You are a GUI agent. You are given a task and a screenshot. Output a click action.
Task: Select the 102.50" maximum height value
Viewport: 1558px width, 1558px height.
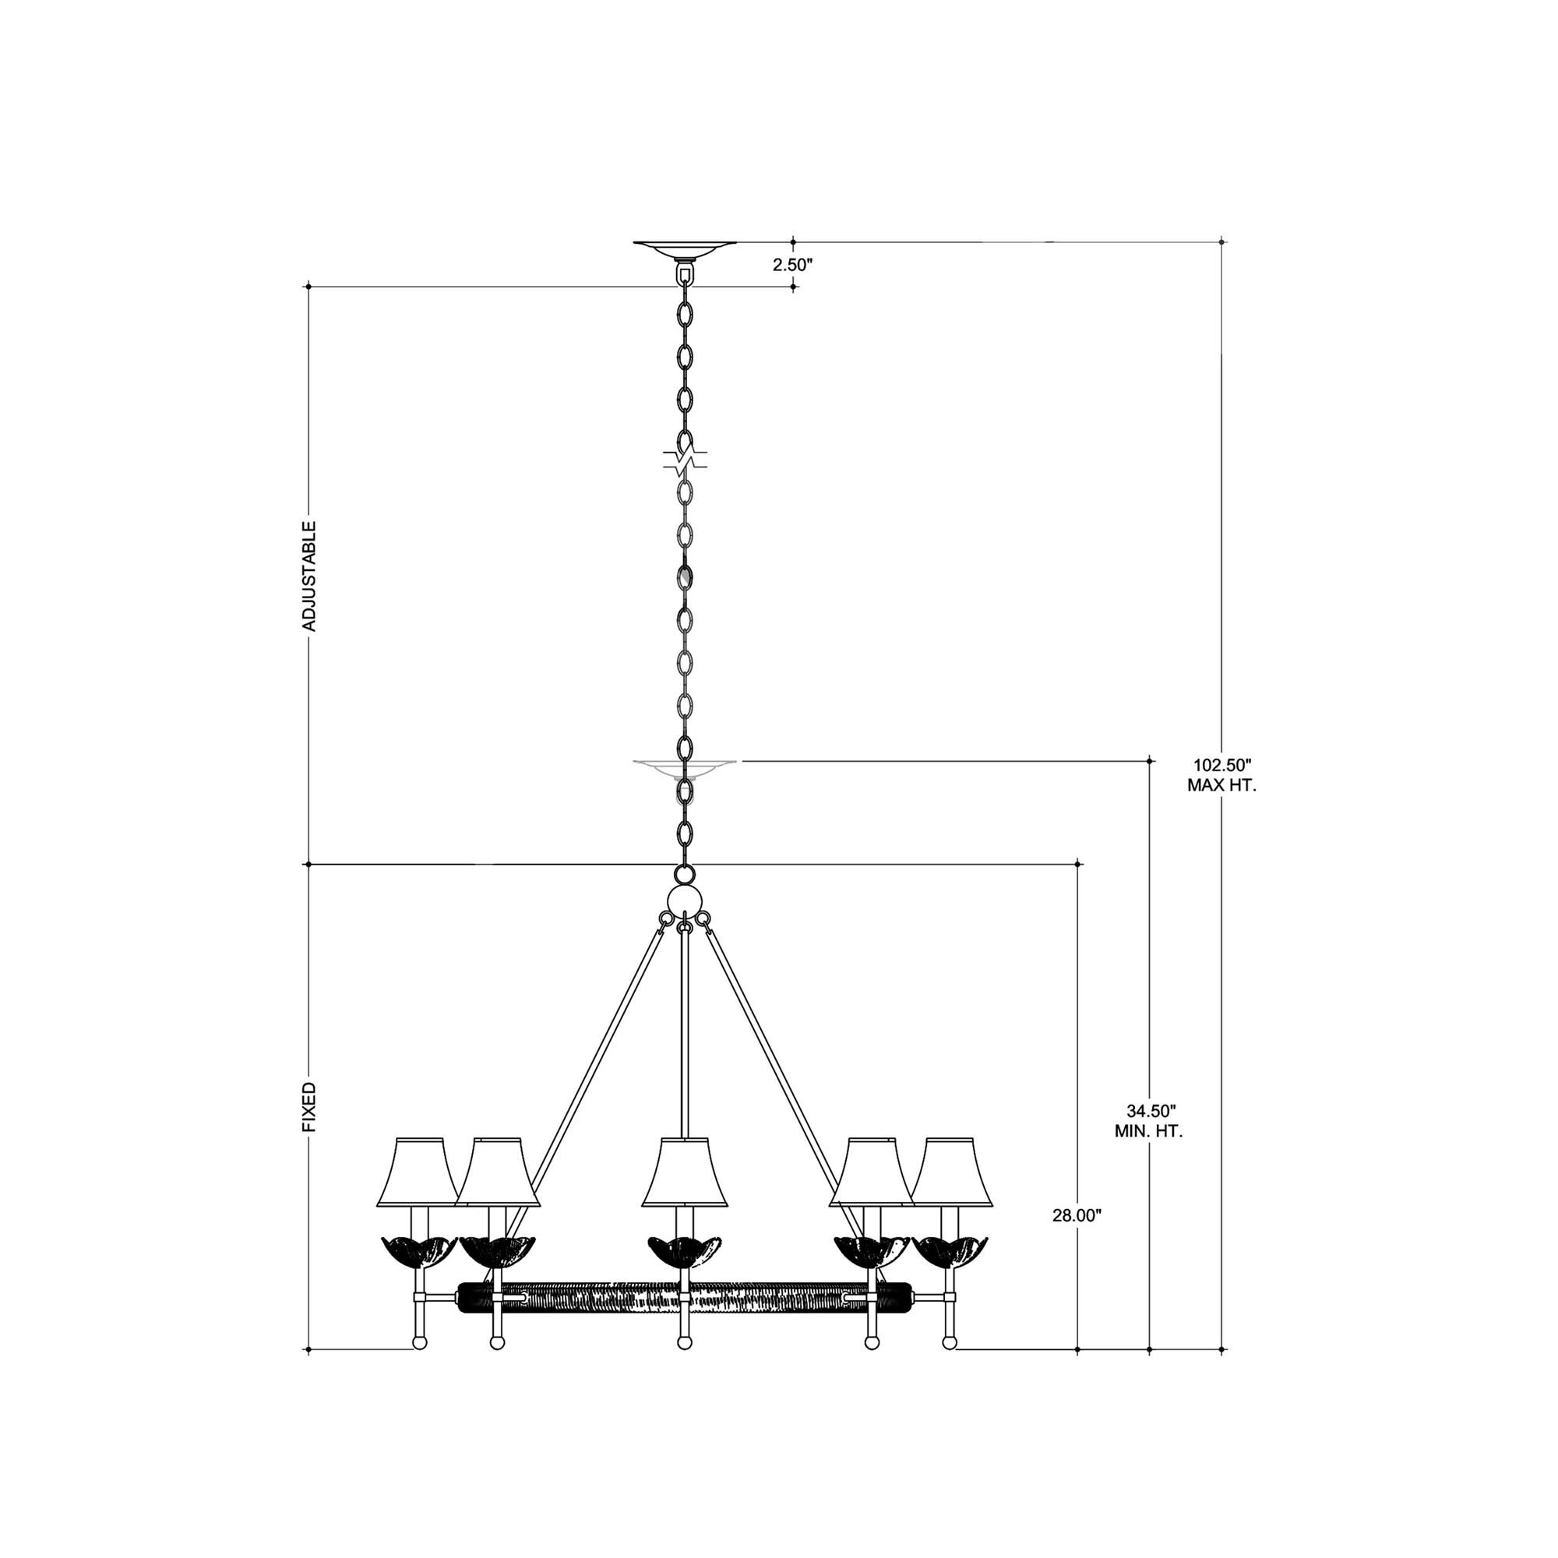pos(1221,764)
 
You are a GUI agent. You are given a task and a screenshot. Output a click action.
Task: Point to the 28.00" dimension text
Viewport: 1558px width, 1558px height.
pos(1077,1238)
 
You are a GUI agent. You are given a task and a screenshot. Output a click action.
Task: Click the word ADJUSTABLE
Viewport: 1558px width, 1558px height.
pos(308,576)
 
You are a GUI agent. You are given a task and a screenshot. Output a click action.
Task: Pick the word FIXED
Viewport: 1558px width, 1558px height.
pos(308,1107)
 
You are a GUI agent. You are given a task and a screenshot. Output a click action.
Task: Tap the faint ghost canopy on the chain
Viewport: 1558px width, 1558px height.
pos(685,767)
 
